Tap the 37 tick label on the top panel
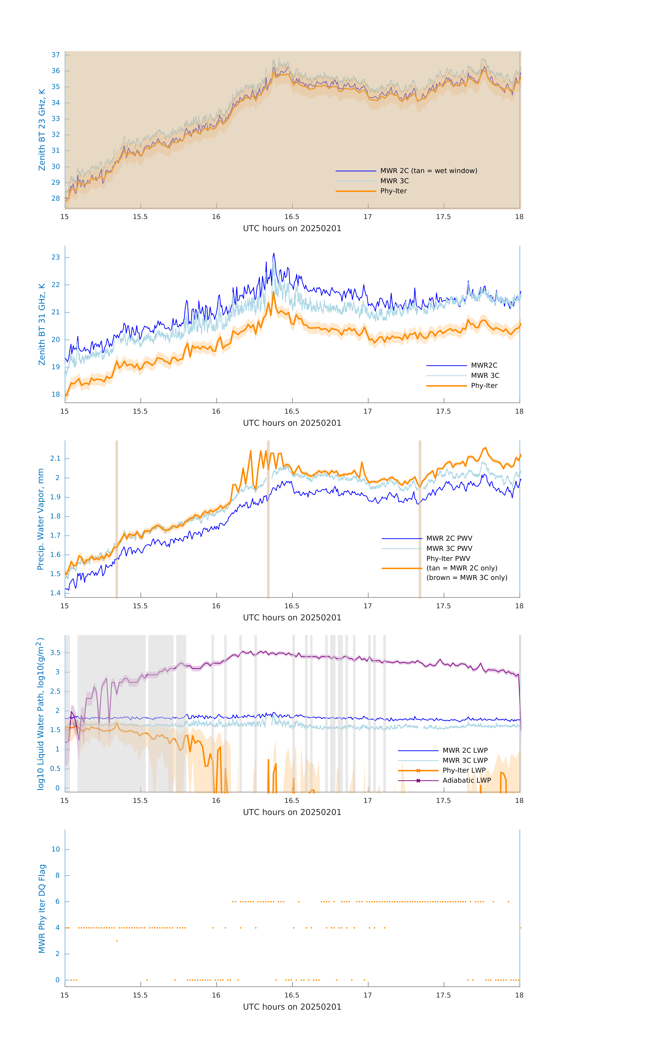click(x=56, y=55)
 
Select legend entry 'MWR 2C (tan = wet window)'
click(x=428, y=171)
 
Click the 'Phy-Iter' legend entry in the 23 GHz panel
click(x=393, y=191)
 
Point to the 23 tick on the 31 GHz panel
click(x=56, y=257)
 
